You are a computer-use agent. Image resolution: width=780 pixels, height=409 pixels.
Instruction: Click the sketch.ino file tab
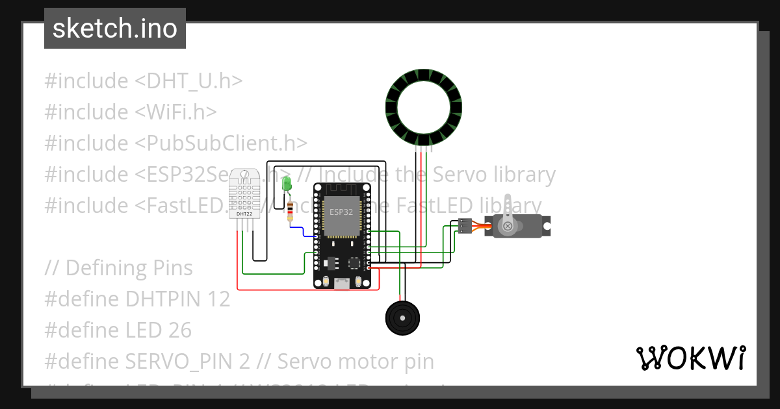tap(115, 29)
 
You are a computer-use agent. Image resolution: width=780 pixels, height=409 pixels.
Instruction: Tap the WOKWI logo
tap(690, 358)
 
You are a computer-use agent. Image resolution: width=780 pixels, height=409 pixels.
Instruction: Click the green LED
tap(287, 184)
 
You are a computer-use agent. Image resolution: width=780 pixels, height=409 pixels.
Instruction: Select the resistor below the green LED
tap(290, 210)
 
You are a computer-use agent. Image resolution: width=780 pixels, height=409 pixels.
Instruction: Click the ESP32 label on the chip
tap(341, 212)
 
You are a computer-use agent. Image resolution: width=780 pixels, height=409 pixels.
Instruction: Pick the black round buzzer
tap(403, 318)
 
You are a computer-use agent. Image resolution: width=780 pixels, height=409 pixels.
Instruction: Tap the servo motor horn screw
tap(507, 226)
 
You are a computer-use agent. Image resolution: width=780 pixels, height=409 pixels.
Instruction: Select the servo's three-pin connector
tap(464, 226)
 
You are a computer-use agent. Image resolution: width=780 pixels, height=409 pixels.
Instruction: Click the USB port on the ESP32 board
tap(342, 282)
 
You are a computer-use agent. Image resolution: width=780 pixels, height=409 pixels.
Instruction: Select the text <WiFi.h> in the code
tap(175, 112)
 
